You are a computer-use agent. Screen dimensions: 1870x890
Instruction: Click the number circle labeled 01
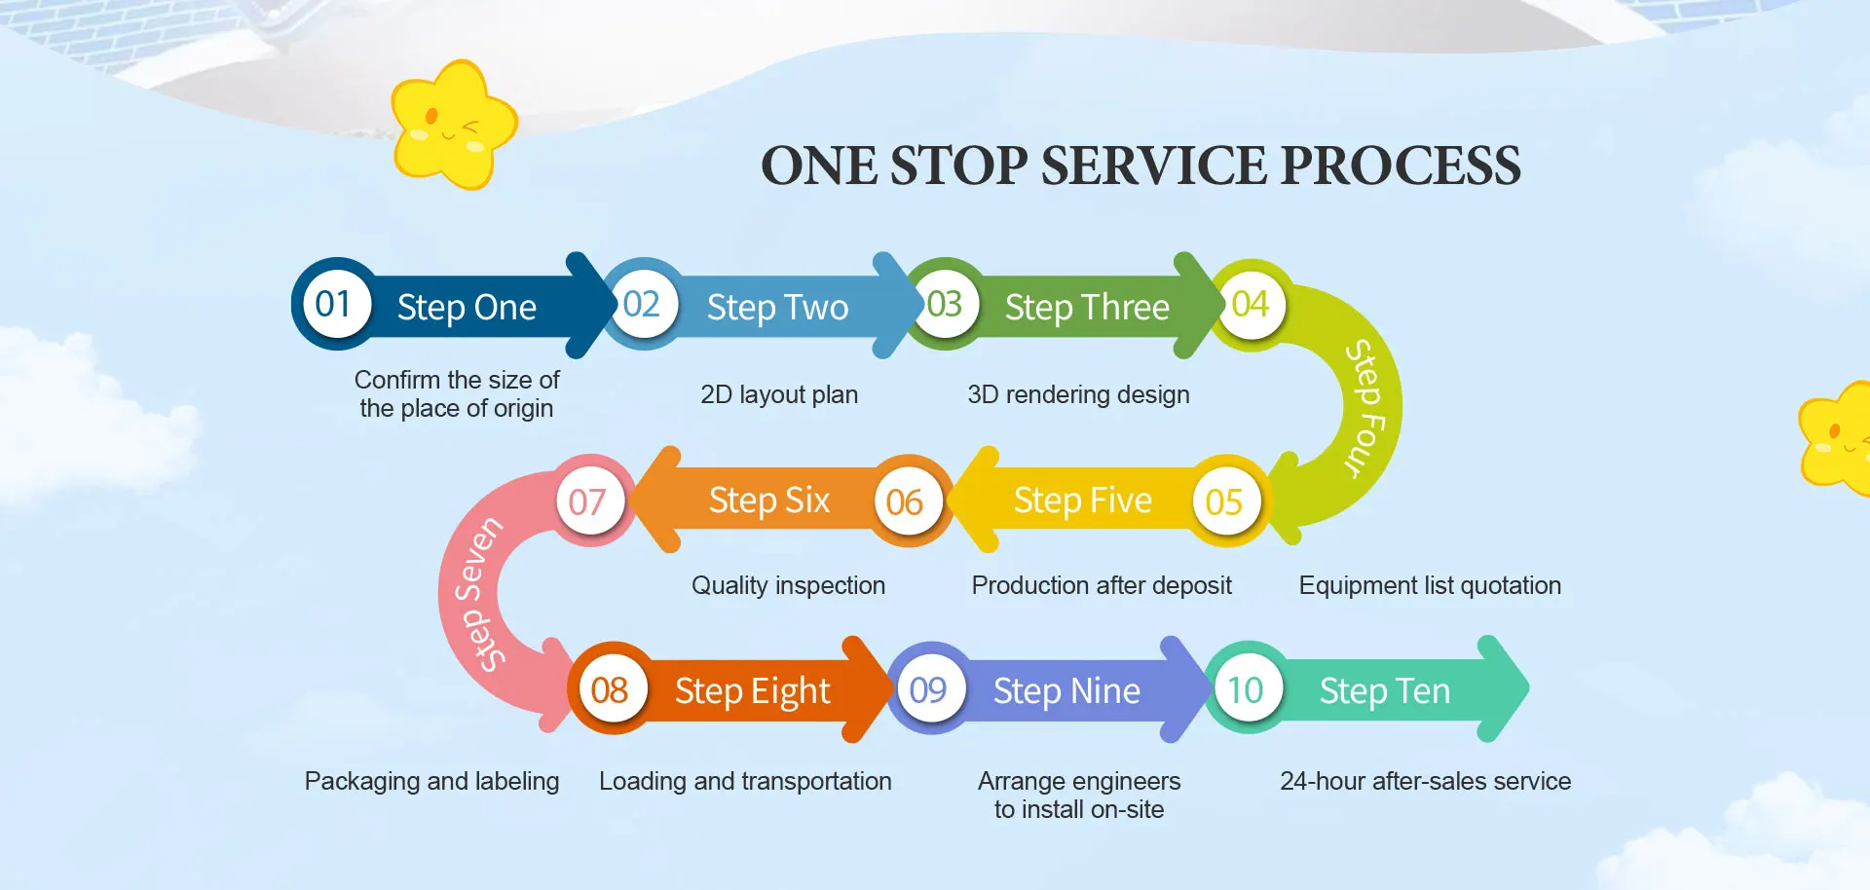(333, 304)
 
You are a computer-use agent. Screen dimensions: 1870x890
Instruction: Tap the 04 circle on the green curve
(1251, 305)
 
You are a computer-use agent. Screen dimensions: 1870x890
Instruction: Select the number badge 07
(587, 501)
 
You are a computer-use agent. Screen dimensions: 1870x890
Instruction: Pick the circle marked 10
(1246, 689)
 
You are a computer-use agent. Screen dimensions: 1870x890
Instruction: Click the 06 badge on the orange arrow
(905, 501)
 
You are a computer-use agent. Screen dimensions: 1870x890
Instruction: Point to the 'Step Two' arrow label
(777, 308)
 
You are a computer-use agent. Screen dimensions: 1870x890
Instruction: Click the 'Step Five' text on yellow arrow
(1082, 501)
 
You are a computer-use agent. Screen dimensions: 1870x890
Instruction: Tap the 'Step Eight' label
(753, 691)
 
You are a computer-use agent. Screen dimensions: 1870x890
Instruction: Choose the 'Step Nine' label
(1066, 690)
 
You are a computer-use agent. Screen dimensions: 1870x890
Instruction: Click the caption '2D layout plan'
(779, 394)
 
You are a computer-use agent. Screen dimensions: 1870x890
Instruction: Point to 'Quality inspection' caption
(788, 585)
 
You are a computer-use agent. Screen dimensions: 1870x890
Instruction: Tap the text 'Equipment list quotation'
(1430, 585)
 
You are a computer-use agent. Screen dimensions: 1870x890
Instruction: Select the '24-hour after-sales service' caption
(1425, 781)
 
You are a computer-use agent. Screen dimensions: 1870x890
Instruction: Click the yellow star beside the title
(453, 125)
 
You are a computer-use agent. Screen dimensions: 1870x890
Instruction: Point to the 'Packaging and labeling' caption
(431, 781)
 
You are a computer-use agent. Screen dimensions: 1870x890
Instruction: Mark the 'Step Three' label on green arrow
(1087, 308)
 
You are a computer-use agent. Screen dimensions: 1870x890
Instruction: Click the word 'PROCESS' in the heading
(1401, 166)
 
